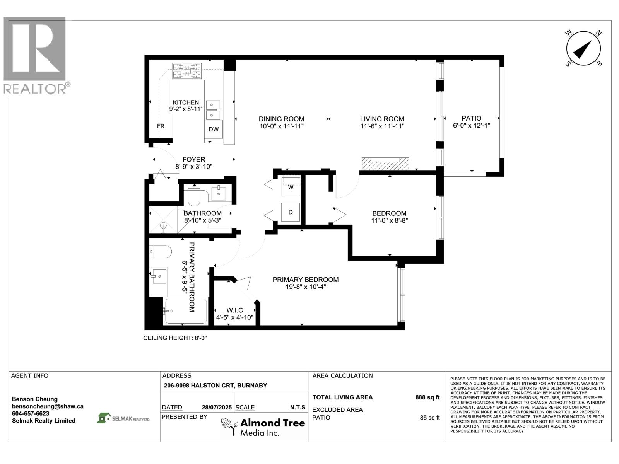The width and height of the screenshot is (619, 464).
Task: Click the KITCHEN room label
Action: click(x=186, y=102)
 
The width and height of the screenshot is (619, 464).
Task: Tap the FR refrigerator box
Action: click(x=161, y=126)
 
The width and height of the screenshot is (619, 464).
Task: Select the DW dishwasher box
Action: click(x=214, y=129)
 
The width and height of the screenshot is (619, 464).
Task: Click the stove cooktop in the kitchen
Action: click(x=187, y=71)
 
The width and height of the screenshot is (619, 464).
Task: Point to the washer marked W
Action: click(x=291, y=187)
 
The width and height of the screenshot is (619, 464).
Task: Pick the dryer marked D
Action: click(x=291, y=212)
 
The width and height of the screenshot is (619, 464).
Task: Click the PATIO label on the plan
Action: click(x=471, y=118)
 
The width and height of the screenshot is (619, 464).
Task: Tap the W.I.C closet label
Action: click(x=234, y=310)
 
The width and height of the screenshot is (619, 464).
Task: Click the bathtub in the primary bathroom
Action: click(x=186, y=311)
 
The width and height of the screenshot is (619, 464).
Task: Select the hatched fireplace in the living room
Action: click(x=385, y=164)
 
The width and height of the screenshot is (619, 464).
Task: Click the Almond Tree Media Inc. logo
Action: click(x=263, y=426)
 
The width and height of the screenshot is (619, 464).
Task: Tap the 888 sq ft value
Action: click(x=427, y=397)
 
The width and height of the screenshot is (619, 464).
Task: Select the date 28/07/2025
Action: click(x=217, y=408)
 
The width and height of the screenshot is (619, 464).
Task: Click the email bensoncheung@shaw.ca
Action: click(x=47, y=406)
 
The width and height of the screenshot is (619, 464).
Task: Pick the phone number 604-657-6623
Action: click(x=31, y=414)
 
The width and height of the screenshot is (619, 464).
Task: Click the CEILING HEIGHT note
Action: click(x=175, y=338)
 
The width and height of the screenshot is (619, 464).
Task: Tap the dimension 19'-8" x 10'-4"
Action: click(x=305, y=287)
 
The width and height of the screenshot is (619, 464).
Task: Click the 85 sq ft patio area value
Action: click(x=429, y=418)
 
